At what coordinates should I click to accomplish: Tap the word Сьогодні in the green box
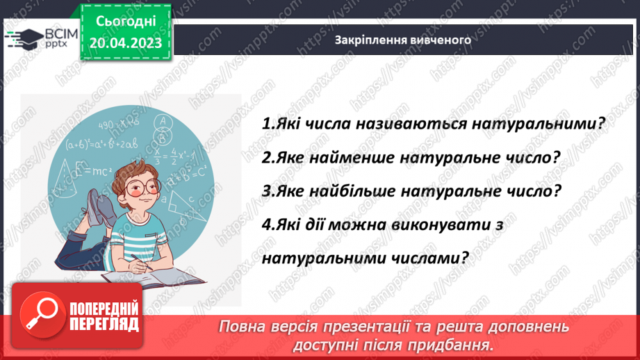[x=126, y=22]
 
